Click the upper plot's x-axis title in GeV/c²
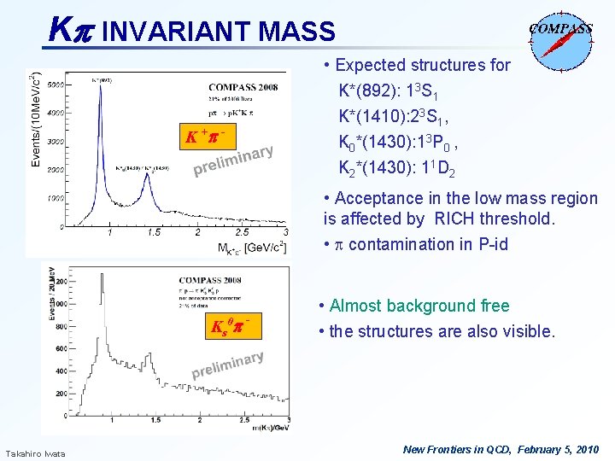[x=253, y=248]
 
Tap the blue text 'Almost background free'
[x=419, y=306]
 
